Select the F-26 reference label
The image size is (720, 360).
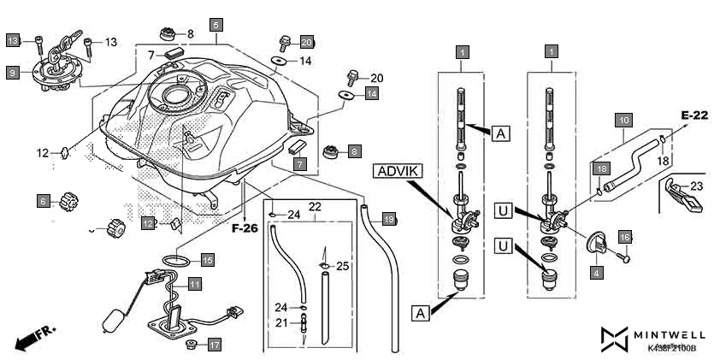[x=245, y=228]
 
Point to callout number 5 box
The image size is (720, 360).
[x=215, y=25]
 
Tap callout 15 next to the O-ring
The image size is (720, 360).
[x=207, y=258]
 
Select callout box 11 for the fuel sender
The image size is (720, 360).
[x=195, y=283]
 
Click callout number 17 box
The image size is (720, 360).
[x=214, y=345]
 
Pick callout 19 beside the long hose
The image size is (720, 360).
[x=389, y=219]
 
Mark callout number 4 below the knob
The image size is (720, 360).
[x=595, y=273]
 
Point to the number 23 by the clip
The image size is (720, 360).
[x=695, y=185]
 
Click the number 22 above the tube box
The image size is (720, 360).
[x=314, y=207]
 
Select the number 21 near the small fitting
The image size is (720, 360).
[x=281, y=322]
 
